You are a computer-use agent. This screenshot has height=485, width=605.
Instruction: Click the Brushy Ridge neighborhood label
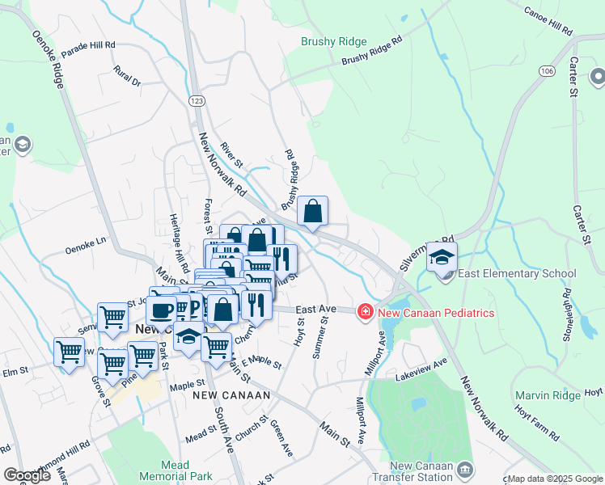pyautogui.click(x=333, y=41)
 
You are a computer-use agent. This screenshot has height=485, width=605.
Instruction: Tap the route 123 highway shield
pyautogui.click(x=196, y=99)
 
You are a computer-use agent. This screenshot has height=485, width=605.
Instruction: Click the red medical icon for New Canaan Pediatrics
pyautogui.click(x=366, y=312)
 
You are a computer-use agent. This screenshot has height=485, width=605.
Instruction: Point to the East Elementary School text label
pyautogui.click(x=517, y=274)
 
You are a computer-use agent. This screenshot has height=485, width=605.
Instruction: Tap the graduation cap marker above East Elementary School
pyautogui.click(x=442, y=257)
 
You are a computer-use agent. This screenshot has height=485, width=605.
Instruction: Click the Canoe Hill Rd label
pyautogui.click(x=548, y=23)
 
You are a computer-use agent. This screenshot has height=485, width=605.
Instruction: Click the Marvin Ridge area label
pyautogui.click(x=548, y=395)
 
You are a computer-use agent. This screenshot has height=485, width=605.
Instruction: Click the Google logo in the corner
pyautogui.click(x=27, y=475)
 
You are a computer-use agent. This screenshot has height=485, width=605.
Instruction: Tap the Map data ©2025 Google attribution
pyautogui.click(x=554, y=479)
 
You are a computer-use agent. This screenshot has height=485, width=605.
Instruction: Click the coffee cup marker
pyautogui.click(x=162, y=310)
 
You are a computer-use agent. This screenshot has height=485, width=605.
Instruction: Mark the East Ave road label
pyautogui.click(x=315, y=309)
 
